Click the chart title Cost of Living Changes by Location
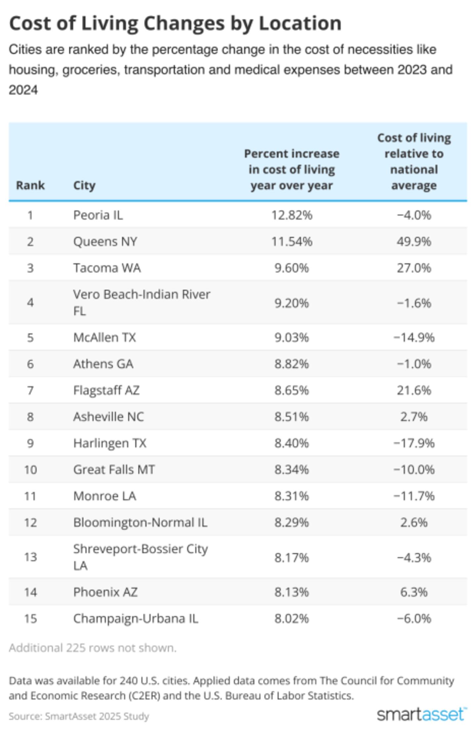pyautogui.click(x=175, y=23)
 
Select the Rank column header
pyautogui.click(x=30, y=185)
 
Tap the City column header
pyautogui.click(x=84, y=185)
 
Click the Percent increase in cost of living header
pyautogui.click(x=292, y=169)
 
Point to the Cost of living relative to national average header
pyautogui.click(x=414, y=162)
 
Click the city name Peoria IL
pyautogui.click(x=98, y=215)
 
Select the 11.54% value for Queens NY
pyautogui.click(x=292, y=242)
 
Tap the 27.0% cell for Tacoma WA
pyautogui.click(x=414, y=268)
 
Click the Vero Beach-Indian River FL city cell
pyautogui.click(x=141, y=302)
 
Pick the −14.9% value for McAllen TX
pyautogui.click(x=414, y=337)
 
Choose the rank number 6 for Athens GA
pyautogui.click(x=30, y=364)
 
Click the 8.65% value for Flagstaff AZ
pyautogui.click(x=292, y=390)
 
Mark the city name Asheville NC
pyautogui.click(x=108, y=417)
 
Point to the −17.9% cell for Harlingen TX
pyautogui.click(x=414, y=443)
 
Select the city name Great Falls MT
pyautogui.click(x=114, y=470)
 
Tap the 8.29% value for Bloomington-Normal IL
pyautogui.click(x=292, y=522)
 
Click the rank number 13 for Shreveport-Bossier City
pyautogui.click(x=30, y=557)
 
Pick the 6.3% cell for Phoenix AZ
pyautogui.click(x=414, y=592)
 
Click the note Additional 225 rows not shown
pyautogui.click(x=93, y=648)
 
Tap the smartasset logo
pyautogui.click(x=421, y=715)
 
